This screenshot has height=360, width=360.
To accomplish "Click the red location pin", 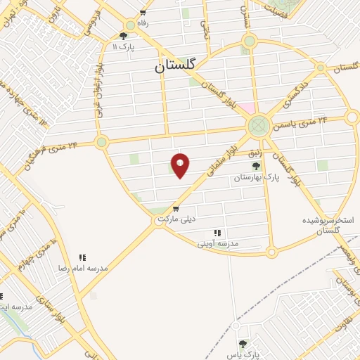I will coord(181,165).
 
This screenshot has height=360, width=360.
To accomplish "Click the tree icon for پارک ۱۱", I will coord(124,36).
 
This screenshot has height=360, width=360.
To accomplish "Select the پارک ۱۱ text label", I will coord(124,46).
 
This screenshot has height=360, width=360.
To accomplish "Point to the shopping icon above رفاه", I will coord(143,13).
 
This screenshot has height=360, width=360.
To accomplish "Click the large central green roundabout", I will coord(258,127).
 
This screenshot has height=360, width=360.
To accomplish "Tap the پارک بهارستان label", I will coord(257,179).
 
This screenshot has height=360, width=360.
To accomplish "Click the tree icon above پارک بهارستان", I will coord(256,167).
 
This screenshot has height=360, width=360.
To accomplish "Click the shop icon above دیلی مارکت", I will coord(175,208).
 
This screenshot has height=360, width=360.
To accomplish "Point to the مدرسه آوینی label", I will coord(217,243).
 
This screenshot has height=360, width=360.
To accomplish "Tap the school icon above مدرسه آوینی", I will coord(217,233).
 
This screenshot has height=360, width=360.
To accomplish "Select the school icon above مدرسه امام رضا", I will coord(82,258).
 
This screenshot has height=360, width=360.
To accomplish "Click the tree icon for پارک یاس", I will coord(243,344).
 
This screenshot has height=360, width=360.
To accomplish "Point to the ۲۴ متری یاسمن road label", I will coord(303,122).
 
